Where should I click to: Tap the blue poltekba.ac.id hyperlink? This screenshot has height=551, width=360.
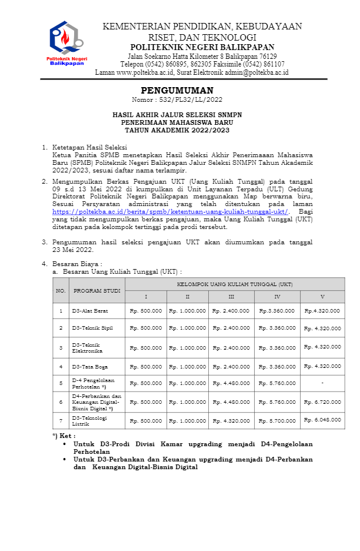coord(171,211)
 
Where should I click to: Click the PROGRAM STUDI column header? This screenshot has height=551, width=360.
coord(96,290)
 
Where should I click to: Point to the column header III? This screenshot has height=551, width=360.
coord(231,297)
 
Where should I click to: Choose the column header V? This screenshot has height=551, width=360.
coord(322,297)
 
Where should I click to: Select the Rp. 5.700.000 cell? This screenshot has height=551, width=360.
coord(277,421)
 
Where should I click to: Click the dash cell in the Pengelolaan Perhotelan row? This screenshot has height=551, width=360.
coord(322,383)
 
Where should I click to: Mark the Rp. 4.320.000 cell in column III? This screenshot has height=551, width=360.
coord(231,421)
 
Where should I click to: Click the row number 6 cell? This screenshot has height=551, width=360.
coord(61,402)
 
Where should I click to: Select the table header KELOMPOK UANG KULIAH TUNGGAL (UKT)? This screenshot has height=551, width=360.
coord(235,284)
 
